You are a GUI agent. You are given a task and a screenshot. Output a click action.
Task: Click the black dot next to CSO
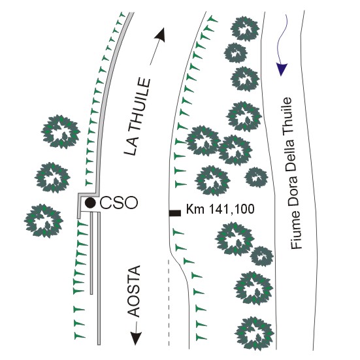tap(90, 203)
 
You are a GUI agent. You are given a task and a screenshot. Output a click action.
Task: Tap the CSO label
tap(119, 203)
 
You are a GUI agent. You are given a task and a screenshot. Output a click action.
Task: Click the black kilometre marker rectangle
tap(175, 213)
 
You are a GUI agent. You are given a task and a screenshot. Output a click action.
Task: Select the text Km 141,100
tap(220, 209)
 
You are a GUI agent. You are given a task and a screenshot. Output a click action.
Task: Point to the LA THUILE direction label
tap(137, 117)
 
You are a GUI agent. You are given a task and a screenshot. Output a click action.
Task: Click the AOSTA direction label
tap(134, 291)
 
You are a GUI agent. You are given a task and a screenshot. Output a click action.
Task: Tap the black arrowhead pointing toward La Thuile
tap(160, 35)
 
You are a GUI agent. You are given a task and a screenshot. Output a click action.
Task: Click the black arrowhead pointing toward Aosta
tap(136, 338)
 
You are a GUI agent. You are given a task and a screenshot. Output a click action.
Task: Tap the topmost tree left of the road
tap(61, 132)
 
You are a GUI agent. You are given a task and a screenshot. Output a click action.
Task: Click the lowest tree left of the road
tap(44, 221)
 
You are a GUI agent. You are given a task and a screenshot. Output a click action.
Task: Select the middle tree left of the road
tap(52, 178)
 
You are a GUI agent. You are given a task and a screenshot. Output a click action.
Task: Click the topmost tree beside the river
tap(245, 29)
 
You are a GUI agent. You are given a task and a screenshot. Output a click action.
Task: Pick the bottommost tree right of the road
tap(254, 333)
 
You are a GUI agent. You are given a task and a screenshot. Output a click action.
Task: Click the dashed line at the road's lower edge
tap(169, 303)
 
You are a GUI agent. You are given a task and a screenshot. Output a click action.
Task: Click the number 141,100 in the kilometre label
tap(231, 209)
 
